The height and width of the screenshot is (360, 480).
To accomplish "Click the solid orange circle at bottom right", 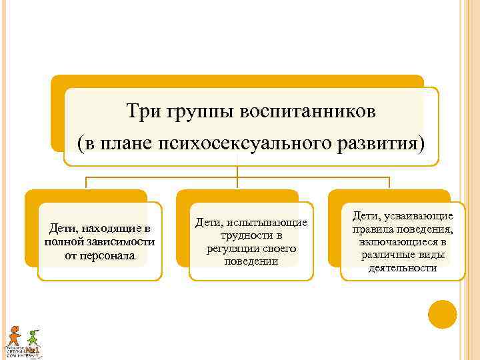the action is tap(442, 314).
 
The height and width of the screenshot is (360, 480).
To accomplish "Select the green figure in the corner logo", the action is tap(33, 337).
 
